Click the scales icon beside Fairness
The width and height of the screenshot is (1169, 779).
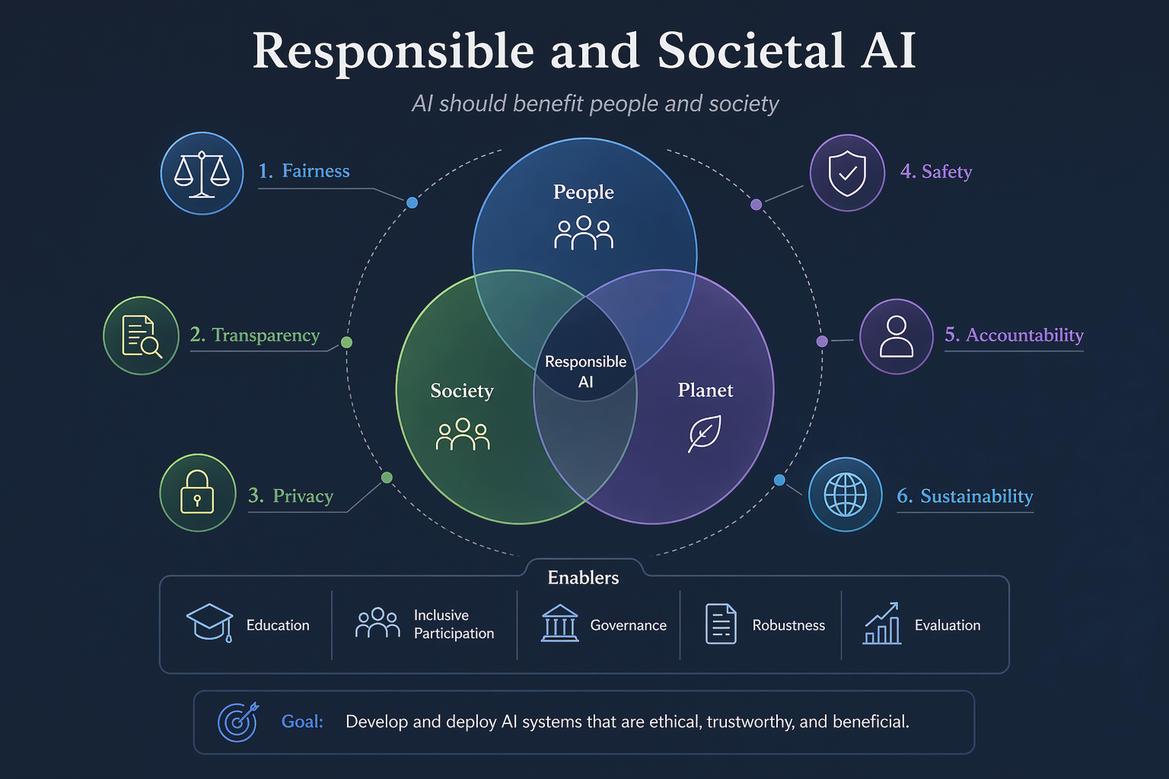[202, 173]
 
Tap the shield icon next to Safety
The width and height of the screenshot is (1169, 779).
[847, 173]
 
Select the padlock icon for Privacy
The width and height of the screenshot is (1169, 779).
[197, 492]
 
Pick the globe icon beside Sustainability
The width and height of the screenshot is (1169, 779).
[845, 494]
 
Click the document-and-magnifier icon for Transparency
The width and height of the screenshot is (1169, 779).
[142, 336]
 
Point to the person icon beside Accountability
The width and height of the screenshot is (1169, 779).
[896, 336]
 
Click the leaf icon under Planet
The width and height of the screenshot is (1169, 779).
[705, 433]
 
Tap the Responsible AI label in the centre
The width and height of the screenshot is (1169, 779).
[585, 371]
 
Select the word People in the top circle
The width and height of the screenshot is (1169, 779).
[584, 192]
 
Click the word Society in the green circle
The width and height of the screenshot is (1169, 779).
[462, 391]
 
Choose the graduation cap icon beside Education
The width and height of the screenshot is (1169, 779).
[210, 623]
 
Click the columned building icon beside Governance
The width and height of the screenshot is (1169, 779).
[559, 623]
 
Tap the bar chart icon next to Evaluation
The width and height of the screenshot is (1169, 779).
[881, 624]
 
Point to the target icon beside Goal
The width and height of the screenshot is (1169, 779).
[238, 722]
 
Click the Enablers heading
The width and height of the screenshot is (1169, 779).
[583, 577]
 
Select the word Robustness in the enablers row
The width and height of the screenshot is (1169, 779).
[788, 625]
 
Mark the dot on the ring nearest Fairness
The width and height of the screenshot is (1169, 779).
[412, 202]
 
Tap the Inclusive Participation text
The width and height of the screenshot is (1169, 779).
[454, 624]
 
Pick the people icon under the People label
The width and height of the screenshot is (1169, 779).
[584, 233]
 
